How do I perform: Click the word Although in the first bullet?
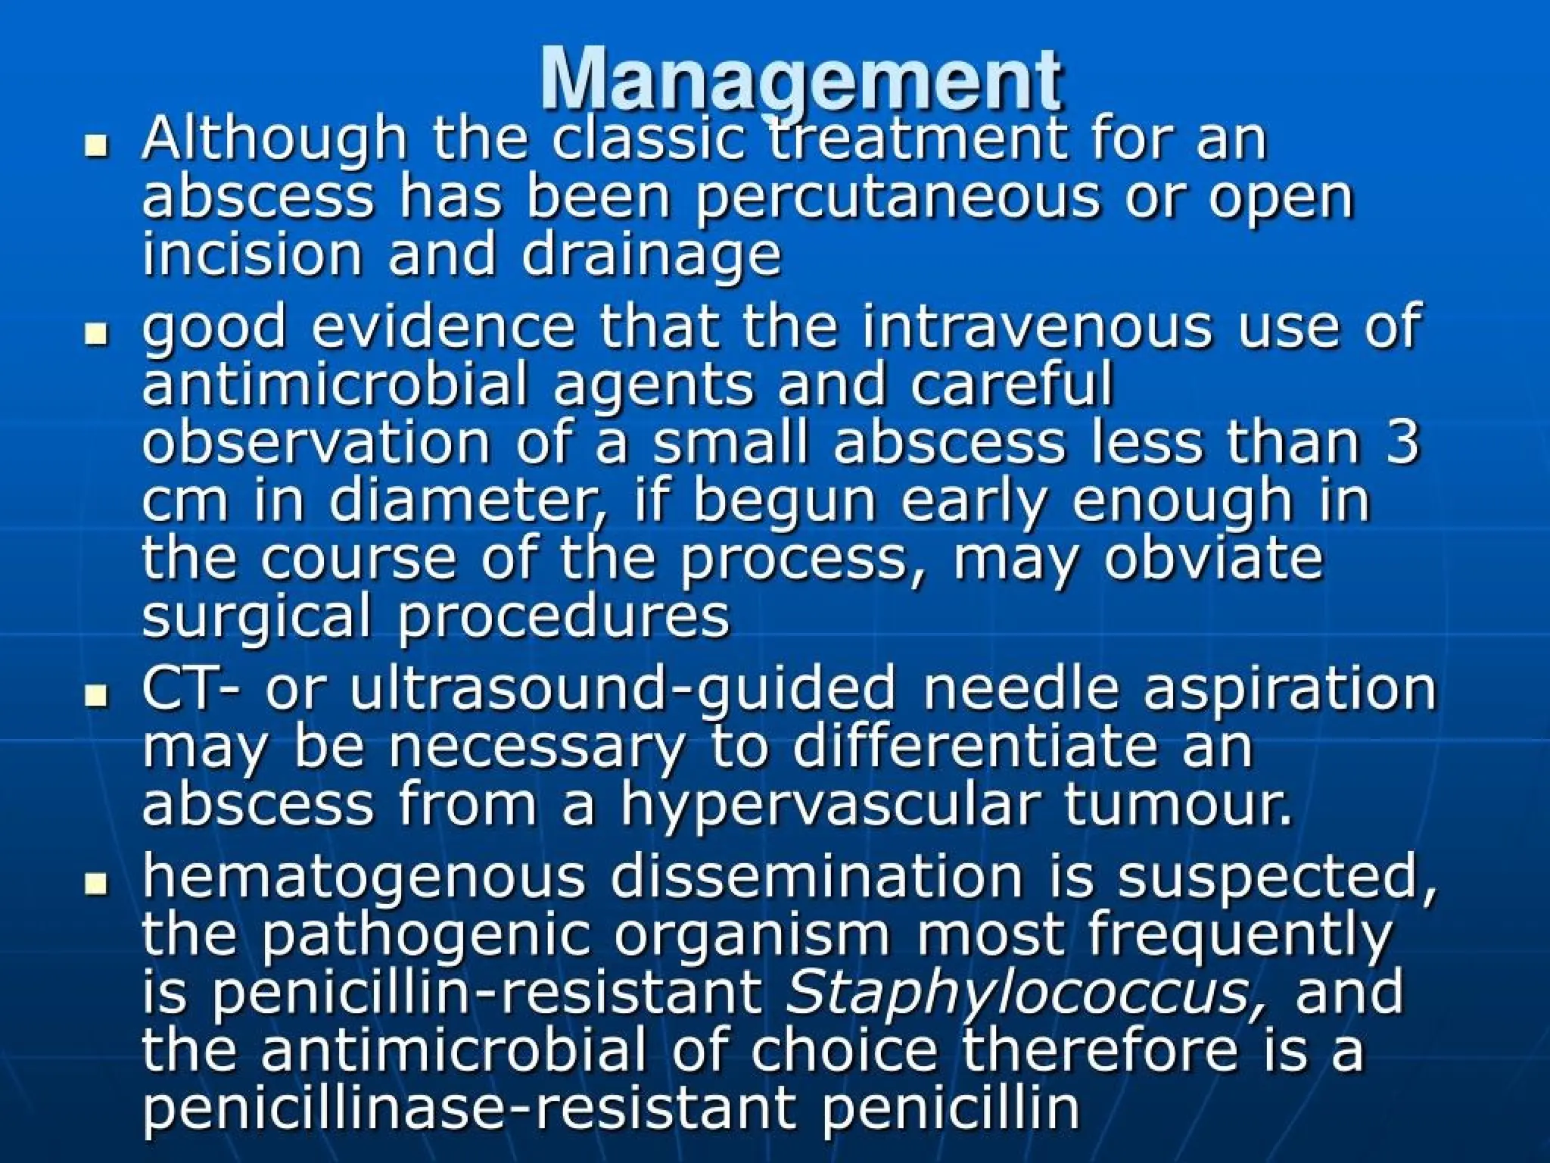click(x=274, y=141)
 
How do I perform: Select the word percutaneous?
click(x=898, y=198)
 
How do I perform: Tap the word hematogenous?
click(x=364, y=877)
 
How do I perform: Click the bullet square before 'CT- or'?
click(x=96, y=694)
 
